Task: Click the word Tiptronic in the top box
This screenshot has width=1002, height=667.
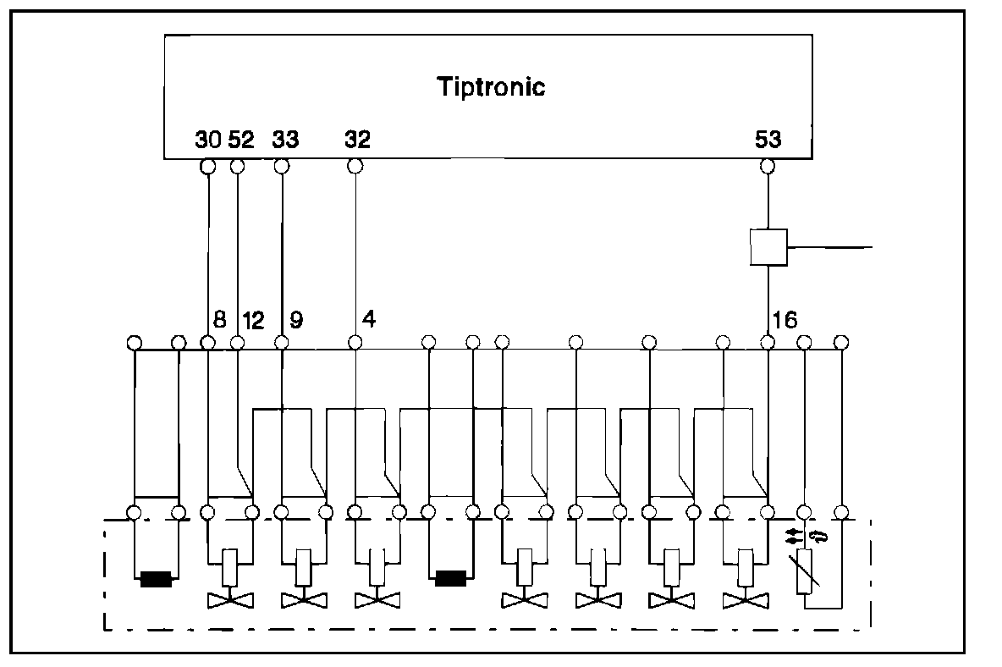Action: [491, 87]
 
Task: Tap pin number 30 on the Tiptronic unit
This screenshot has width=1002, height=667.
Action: [207, 140]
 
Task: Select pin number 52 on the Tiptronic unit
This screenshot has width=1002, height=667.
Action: [241, 140]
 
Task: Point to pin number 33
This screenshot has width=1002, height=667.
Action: [285, 140]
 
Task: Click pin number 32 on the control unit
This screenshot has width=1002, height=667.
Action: [357, 140]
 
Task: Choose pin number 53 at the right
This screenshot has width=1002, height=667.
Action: [768, 140]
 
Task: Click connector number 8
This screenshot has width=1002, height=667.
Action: [219, 320]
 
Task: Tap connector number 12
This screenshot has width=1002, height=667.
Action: [253, 320]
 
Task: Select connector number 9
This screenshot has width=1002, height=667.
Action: [296, 320]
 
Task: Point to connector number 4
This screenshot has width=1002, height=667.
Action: [369, 320]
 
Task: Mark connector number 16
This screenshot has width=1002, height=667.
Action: [784, 320]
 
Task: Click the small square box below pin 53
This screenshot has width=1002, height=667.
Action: [768, 246]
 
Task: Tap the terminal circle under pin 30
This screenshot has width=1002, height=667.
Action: [207, 167]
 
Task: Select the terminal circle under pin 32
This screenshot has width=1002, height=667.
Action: [355, 167]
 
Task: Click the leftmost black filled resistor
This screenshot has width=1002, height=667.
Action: [156, 580]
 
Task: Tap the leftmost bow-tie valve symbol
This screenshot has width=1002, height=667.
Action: [229, 600]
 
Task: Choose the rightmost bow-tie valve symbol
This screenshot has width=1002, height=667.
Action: [745, 600]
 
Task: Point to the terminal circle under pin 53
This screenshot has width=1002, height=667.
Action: [768, 167]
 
